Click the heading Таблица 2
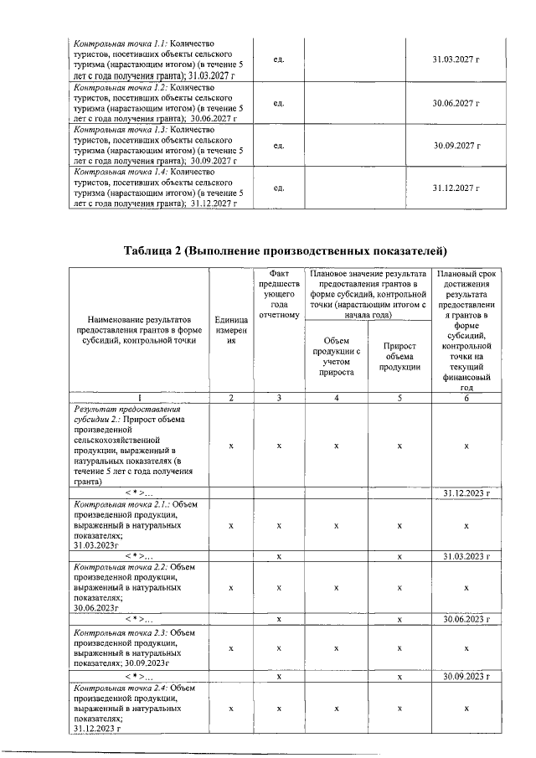click(x=285, y=250)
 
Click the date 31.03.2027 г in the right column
click(x=456, y=59)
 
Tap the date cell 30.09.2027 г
click(x=456, y=145)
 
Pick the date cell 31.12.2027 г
click(x=456, y=188)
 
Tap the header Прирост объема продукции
click(x=399, y=357)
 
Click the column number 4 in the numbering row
click(x=335, y=397)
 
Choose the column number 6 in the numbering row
click(x=466, y=397)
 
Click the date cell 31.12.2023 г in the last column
click(x=466, y=493)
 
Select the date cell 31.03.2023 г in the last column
click(x=466, y=556)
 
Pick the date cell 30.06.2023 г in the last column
click(x=466, y=619)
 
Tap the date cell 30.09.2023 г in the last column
click(x=466, y=675)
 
